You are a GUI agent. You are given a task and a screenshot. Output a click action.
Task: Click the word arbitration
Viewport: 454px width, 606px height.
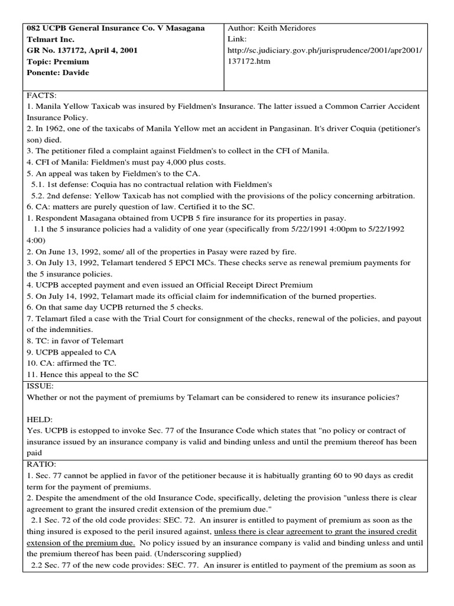tap(395, 196)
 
